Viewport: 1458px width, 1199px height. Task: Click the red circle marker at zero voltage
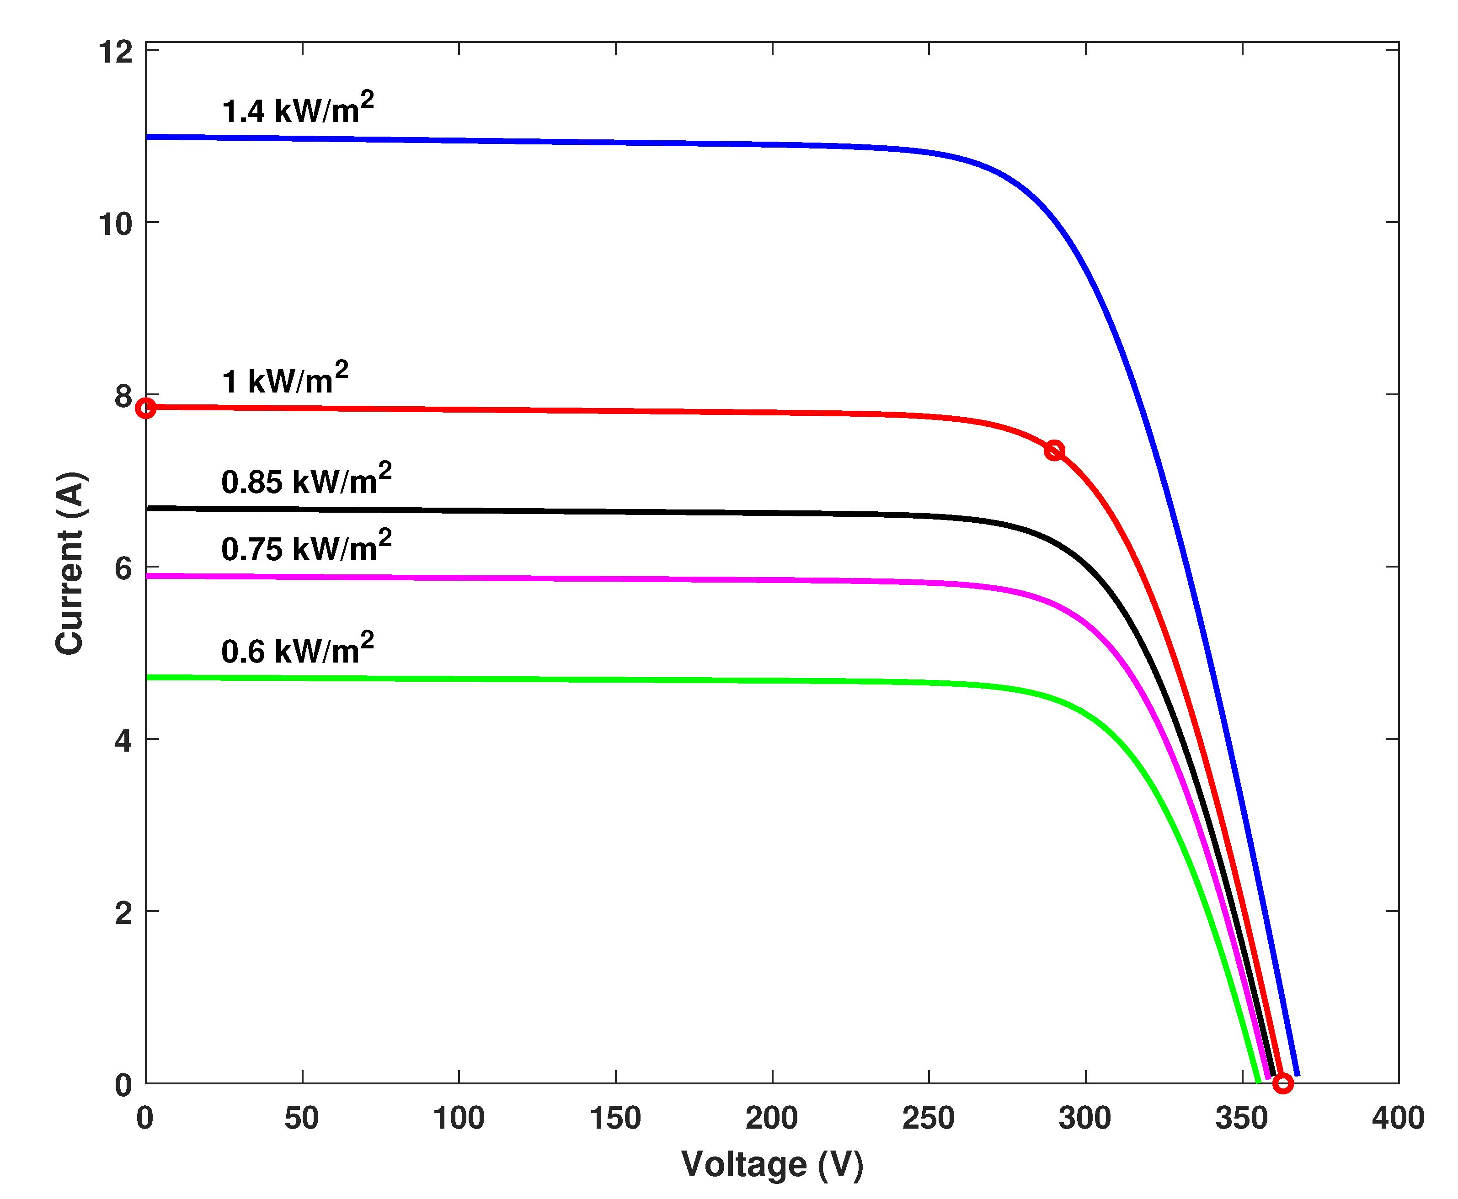click(145, 408)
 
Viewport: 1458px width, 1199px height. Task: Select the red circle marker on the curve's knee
click(1054, 451)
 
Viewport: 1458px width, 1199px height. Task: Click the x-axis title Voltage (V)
click(772, 1164)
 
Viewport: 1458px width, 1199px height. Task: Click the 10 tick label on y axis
click(115, 224)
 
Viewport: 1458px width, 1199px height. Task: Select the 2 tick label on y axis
click(123, 913)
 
